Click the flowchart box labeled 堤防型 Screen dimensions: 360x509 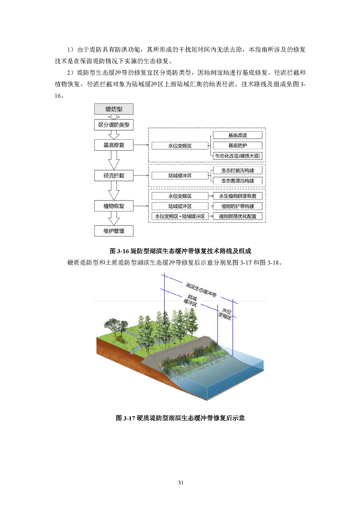(113, 109)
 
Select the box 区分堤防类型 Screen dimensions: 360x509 (113, 125)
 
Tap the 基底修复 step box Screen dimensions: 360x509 (113, 145)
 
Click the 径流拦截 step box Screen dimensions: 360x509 (113, 176)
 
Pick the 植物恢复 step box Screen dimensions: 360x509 (113, 206)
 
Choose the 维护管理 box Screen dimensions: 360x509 (113, 231)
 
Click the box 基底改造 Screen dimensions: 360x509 (237, 135)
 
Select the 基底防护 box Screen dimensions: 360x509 (237, 146)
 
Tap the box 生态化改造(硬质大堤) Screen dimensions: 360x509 (237, 156)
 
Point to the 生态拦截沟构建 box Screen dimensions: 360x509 (237, 171)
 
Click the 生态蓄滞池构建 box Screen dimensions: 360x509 (237, 181)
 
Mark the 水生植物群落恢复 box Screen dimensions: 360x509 (237, 196)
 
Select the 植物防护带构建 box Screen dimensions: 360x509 (237, 206)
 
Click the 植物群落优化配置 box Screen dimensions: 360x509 (237, 216)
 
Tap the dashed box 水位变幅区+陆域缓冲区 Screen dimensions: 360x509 (180, 216)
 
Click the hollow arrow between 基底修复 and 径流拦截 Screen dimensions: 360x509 (113, 160)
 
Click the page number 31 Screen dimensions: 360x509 (181, 483)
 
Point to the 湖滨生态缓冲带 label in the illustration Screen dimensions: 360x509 (201, 290)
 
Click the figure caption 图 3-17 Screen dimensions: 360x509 (125, 418)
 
